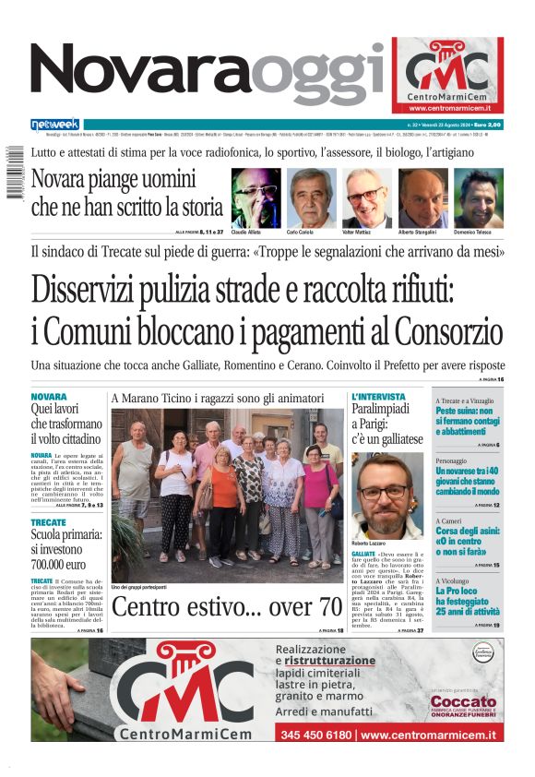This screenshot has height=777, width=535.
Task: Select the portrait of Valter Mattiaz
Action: [367, 197]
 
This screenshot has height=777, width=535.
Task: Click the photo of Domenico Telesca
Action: [479, 197]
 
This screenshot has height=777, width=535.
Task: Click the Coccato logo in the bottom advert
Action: [463, 706]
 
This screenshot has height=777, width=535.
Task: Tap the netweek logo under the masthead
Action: [55, 124]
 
